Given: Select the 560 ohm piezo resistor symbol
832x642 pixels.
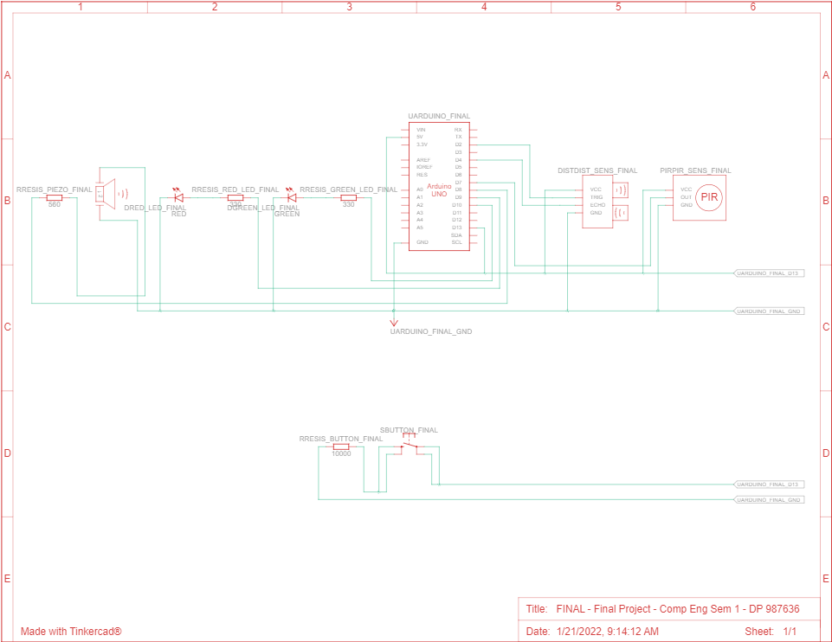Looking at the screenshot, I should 54,197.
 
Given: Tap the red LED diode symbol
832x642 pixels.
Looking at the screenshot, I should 178,197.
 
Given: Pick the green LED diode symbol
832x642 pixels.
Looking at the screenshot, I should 292,197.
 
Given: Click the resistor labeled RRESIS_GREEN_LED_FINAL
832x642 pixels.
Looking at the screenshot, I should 348,197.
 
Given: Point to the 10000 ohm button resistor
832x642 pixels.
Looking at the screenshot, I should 341,446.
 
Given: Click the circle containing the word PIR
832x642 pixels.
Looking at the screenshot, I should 710,197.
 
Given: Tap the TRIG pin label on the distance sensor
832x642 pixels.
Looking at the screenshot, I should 597,197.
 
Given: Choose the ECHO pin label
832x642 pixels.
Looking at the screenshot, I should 597,205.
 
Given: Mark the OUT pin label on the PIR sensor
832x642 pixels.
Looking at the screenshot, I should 686,197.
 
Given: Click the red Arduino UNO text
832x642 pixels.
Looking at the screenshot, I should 439,190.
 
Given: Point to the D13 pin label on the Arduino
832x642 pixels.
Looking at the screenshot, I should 457,228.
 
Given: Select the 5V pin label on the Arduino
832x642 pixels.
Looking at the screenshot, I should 420,137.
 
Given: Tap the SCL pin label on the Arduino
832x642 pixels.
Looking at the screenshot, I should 457,242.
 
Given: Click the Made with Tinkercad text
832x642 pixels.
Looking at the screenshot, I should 71,632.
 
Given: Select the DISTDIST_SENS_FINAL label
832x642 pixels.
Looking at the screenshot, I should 597,170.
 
